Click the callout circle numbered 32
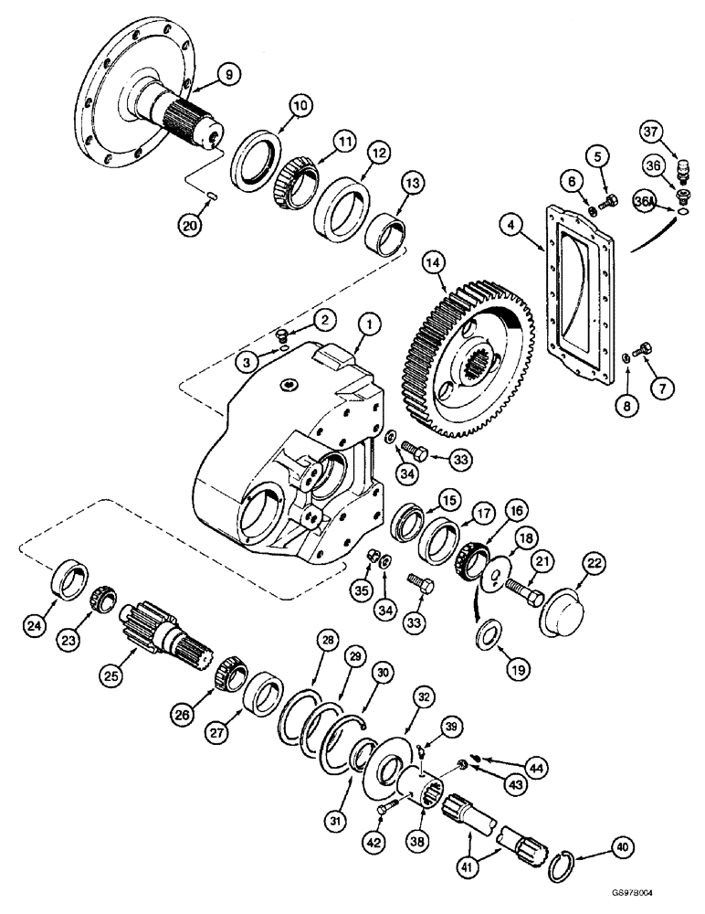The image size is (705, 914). pos(423,695)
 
